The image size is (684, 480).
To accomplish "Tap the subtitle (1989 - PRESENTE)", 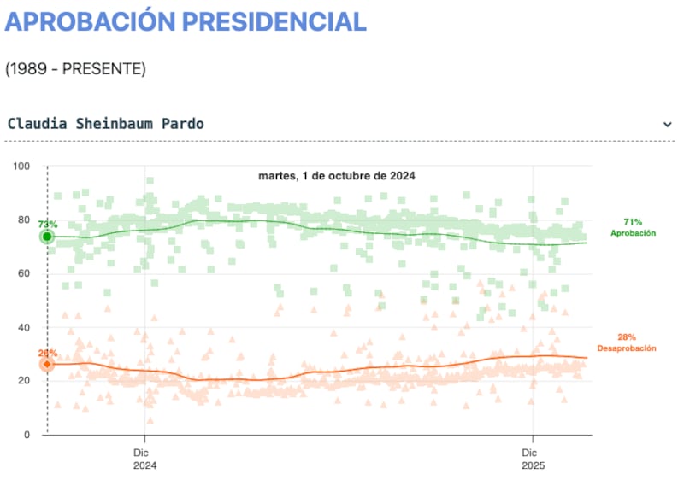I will pyautogui.click(x=75, y=68).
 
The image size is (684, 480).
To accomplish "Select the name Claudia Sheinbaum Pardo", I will pyautogui.click(x=105, y=124).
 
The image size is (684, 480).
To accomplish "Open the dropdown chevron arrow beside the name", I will pyautogui.click(x=667, y=125).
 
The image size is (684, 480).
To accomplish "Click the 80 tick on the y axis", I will pyautogui.click(x=25, y=220).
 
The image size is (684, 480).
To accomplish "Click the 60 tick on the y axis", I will pyautogui.click(x=25, y=273).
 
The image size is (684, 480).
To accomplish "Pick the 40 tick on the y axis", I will pyautogui.click(x=25, y=327).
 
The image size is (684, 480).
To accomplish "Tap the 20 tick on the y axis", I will pyautogui.click(x=25, y=381).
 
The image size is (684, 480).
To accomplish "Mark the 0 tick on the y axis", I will pyautogui.click(x=28, y=435).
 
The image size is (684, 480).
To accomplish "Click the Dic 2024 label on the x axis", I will pyautogui.click(x=145, y=460).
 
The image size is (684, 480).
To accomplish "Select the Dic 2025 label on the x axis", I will pyautogui.click(x=533, y=460).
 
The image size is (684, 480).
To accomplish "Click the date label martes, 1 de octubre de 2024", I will pyautogui.click(x=336, y=176).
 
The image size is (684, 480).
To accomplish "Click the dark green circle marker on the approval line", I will pyautogui.click(x=48, y=237).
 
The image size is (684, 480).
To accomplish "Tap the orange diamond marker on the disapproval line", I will pyautogui.click(x=48, y=364).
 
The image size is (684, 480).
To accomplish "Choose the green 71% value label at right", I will pyautogui.click(x=633, y=221).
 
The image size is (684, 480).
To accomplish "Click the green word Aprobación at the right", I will pyautogui.click(x=633, y=232).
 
